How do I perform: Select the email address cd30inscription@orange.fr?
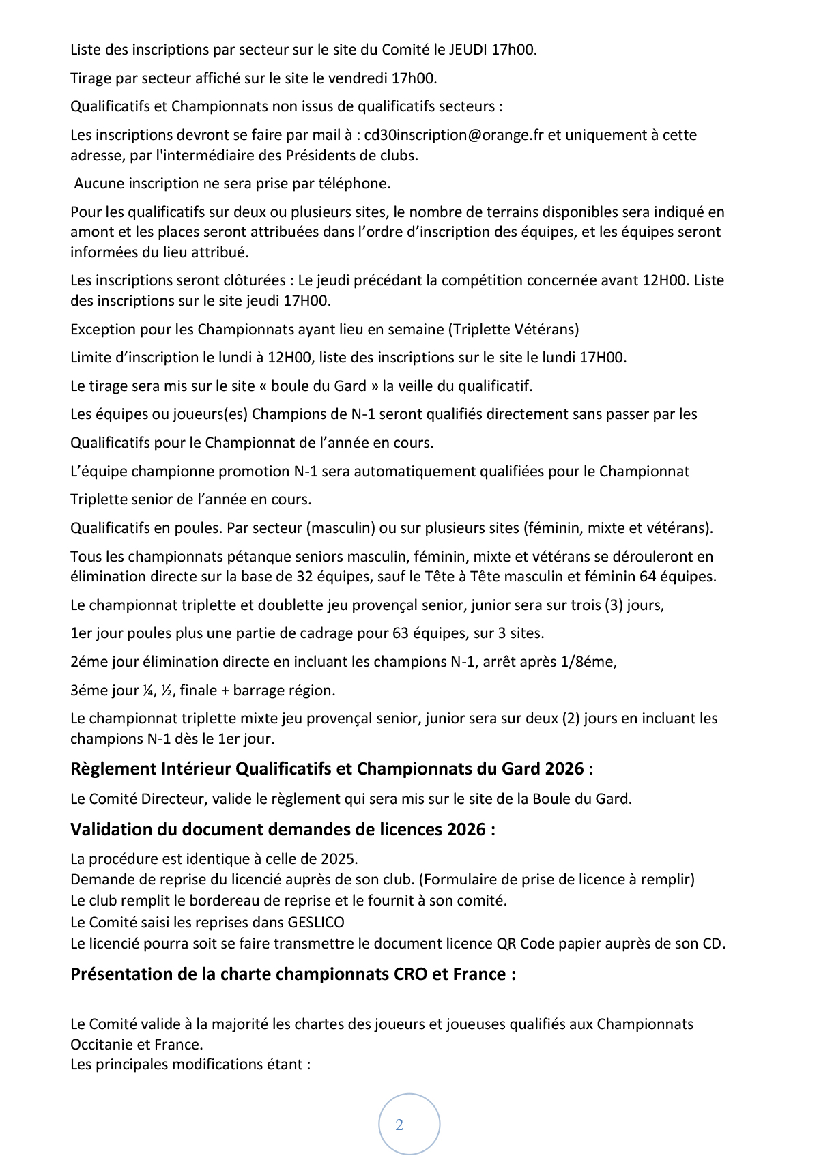(454, 135)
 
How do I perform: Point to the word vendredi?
(358, 78)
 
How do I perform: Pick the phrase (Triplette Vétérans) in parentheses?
(513, 330)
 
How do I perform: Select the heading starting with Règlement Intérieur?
(332, 769)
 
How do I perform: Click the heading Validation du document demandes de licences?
(283, 830)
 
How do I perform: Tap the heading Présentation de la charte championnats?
(293, 974)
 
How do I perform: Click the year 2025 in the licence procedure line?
(340, 858)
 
